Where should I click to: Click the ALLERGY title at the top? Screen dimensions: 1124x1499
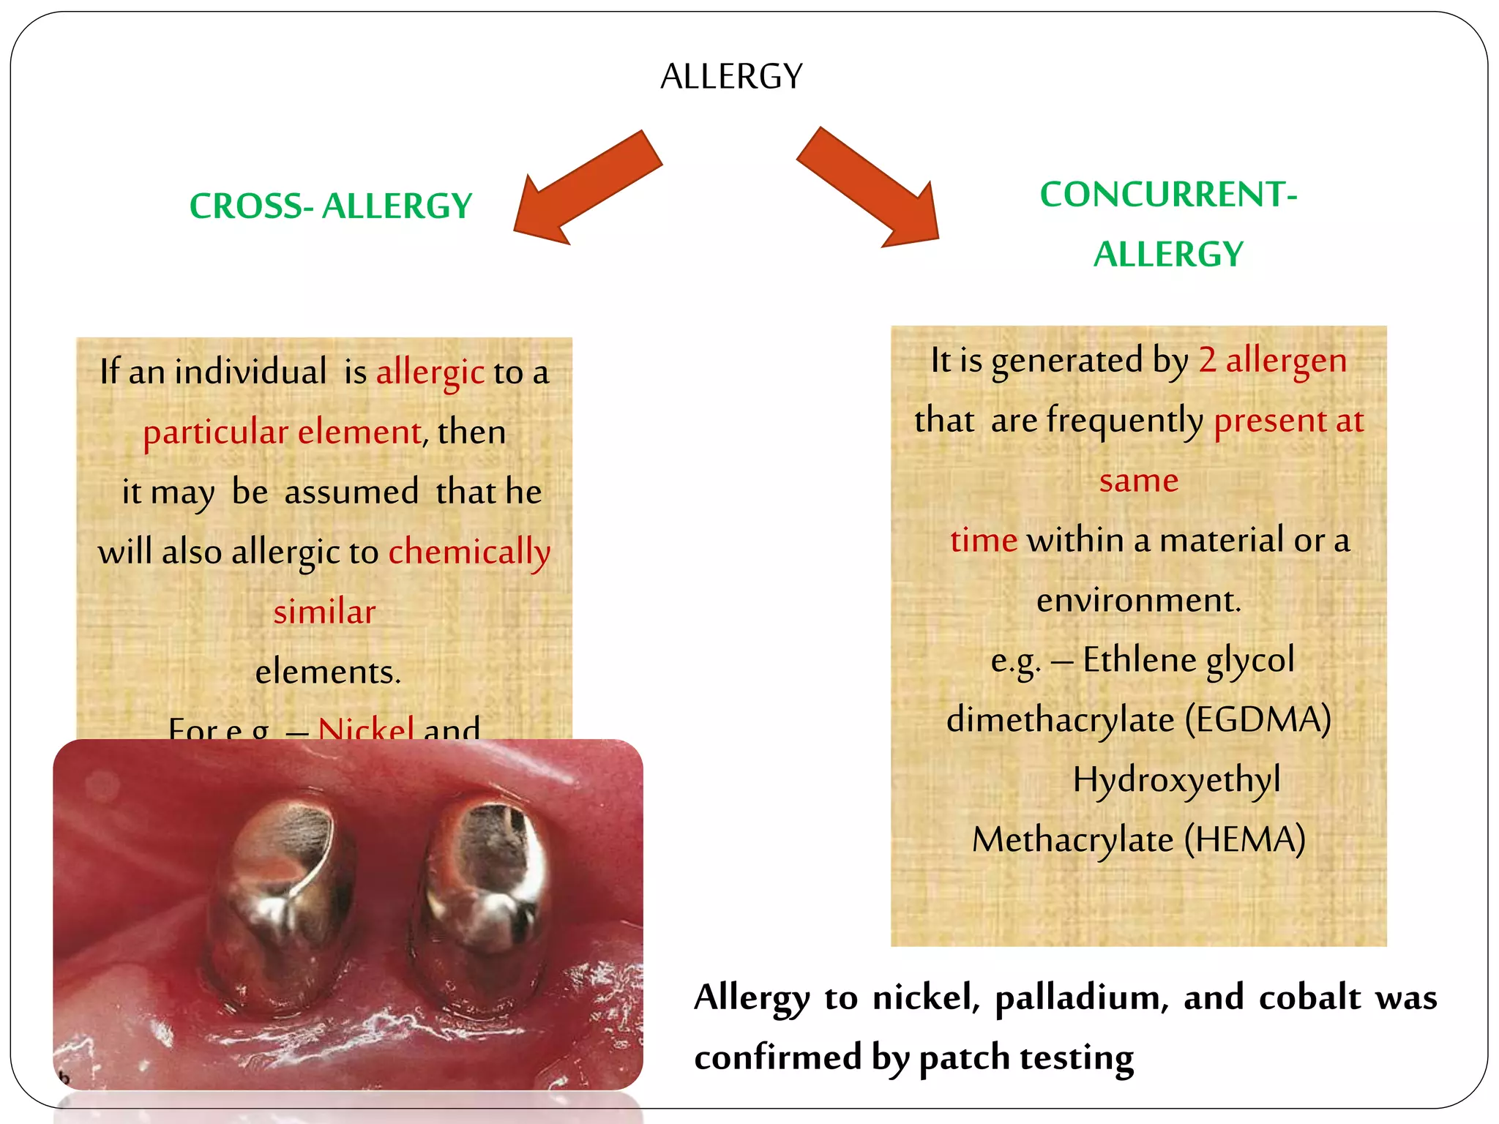pos(731,76)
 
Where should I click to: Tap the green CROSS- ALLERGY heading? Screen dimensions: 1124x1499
pos(331,206)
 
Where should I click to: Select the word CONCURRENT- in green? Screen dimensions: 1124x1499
pos(1168,195)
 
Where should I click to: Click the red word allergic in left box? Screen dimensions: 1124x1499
pos(430,372)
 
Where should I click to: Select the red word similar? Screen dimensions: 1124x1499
pos(324,612)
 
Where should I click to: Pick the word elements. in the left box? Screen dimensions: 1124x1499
pos(328,672)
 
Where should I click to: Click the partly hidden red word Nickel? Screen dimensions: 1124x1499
pos(366,728)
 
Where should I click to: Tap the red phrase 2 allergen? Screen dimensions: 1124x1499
pos(1272,361)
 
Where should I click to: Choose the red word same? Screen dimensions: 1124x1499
pos(1139,481)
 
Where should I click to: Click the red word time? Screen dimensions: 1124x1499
pos(984,541)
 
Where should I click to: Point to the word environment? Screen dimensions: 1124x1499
pos(1139,601)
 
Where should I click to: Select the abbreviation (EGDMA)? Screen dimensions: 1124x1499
pos(1257,719)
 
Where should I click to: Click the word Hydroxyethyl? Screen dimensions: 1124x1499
pos(1176,779)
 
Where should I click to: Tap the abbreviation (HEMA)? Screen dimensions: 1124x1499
pos(1244,839)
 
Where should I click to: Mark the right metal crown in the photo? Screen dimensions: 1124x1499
pos(483,893)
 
